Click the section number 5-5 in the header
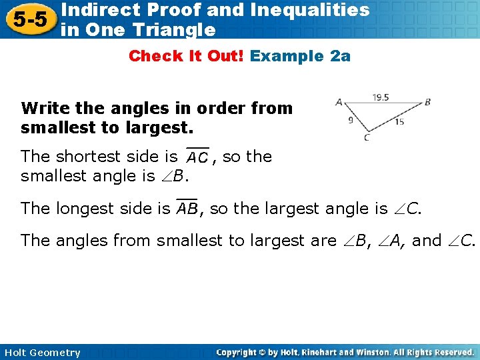pos(28,19)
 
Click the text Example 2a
pos(300,56)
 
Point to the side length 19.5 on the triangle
pos(380,97)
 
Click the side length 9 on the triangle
pos(351,121)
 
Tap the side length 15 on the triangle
pos(399,122)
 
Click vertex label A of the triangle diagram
pos(339,102)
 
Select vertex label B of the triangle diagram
pos(427,102)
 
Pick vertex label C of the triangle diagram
pos(367,138)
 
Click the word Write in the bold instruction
pos(43,108)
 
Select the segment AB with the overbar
pos(187,209)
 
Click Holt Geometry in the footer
pos(41,353)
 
